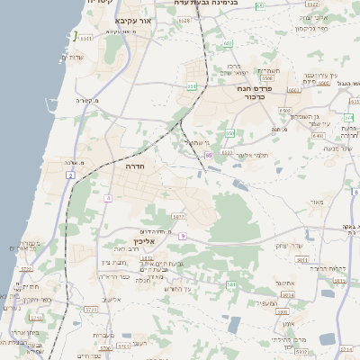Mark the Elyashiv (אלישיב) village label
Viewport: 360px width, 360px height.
pyautogui.click(x=112, y=300)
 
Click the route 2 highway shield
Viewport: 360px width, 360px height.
pyautogui.click(x=70, y=175)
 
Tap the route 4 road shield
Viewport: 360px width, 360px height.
pyautogui.click(x=108, y=197)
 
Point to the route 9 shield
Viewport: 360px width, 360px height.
pyautogui.click(x=182, y=236)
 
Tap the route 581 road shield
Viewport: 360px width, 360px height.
pyautogui.click(x=231, y=284)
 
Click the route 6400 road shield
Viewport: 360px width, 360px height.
pyautogui.click(x=318, y=135)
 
